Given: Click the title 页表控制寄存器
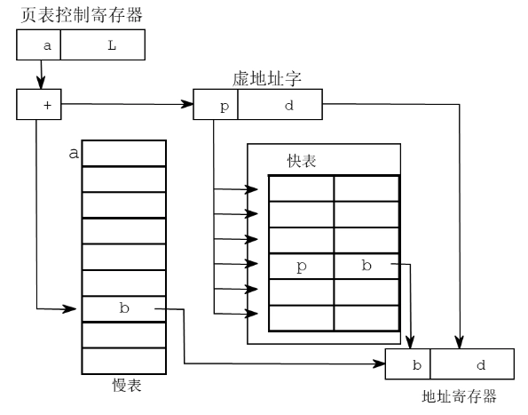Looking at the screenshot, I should coord(81,15).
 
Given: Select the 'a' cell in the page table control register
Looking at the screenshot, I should coord(39,45).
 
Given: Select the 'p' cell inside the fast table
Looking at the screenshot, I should coord(302,266).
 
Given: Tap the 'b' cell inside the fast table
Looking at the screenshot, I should coord(366,266).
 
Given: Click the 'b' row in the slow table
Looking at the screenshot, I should coord(123,308).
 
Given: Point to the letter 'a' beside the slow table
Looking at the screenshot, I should coord(73,154).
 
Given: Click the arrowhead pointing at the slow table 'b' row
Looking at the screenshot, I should coord(75,309).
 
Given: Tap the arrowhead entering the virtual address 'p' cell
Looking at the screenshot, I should coord(188,105).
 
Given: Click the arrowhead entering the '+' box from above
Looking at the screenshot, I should coord(39,85).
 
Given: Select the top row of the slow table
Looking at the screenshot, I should coord(123,153).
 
